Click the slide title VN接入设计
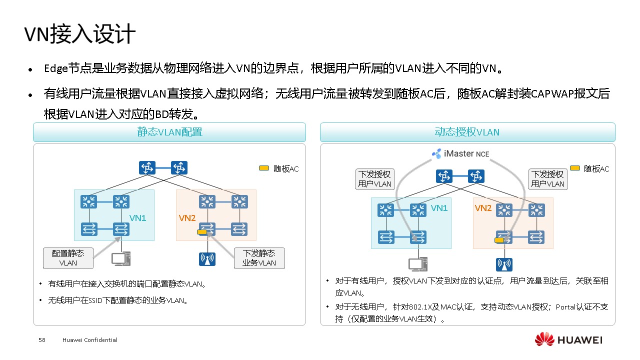pyautogui.click(x=80, y=35)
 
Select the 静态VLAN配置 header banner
pyautogui.click(x=169, y=132)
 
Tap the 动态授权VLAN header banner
pyautogui.click(x=467, y=132)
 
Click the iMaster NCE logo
pyautogui.click(x=460, y=153)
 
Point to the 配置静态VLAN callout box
pyautogui.click(x=68, y=257)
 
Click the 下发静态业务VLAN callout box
pyautogui.click(x=259, y=257)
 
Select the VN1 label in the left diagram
pyautogui.click(x=138, y=218)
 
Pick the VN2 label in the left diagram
pyautogui.click(x=187, y=218)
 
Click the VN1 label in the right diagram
pyautogui.click(x=439, y=208)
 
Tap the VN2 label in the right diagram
pyautogui.click(x=483, y=208)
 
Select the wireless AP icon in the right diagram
pyautogui.click(x=504, y=264)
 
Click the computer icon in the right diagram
pyautogui.click(x=417, y=264)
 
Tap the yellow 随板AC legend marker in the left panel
pyautogui.click(x=264, y=168)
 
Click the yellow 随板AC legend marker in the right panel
pyautogui.click(x=575, y=168)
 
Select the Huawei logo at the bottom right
pyautogui.click(x=568, y=340)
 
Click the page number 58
pyautogui.click(x=42, y=340)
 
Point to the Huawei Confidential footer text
pyautogui.click(x=90, y=340)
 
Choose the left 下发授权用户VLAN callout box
pyautogui.click(x=374, y=179)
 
